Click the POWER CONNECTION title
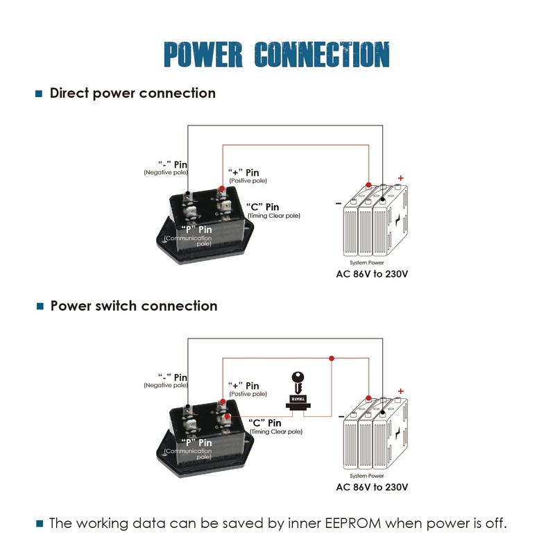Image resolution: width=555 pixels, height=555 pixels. pyautogui.click(x=277, y=55)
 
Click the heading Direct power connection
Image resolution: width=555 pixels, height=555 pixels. pyautogui.click(x=133, y=93)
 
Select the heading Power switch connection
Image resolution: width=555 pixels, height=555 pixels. pyautogui.click(x=134, y=306)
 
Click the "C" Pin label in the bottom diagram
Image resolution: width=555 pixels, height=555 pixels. pyautogui.click(x=264, y=422)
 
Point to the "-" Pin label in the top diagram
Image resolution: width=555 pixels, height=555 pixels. pyautogui.click(x=173, y=163)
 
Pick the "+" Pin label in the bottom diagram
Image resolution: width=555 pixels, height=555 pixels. pyautogui.click(x=244, y=386)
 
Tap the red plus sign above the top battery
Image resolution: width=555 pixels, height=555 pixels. pyautogui.click(x=400, y=178)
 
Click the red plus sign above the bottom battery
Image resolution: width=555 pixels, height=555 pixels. pyautogui.click(x=400, y=391)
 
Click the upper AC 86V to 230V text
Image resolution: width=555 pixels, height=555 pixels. pyautogui.click(x=372, y=273)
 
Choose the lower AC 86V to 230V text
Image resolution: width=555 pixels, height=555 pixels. pyautogui.click(x=372, y=487)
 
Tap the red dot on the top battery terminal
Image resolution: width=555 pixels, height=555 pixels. pyautogui.click(x=368, y=185)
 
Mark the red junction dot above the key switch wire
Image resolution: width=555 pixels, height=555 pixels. pyautogui.click(x=332, y=358)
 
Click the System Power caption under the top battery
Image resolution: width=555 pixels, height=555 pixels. pyautogui.click(x=367, y=263)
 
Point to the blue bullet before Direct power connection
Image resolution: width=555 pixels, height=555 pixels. pyautogui.click(x=39, y=94)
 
